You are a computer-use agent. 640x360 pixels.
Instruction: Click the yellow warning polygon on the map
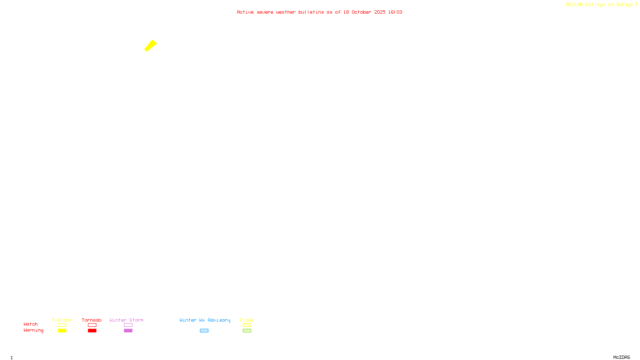tap(151, 46)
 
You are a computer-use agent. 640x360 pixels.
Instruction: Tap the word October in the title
tap(361, 12)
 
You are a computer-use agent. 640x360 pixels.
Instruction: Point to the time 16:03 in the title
tap(395, 12)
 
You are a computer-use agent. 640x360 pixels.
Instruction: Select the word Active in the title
tap(245, 12)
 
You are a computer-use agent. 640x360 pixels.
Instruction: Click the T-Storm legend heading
tap(62, 320)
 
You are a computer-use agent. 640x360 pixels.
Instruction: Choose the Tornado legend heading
tap(92, 320)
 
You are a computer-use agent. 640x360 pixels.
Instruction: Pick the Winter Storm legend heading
tap(126, 320)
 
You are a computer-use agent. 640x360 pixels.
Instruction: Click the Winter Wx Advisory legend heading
tap(205, 320)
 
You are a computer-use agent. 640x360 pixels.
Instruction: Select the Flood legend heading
tap(247, 320)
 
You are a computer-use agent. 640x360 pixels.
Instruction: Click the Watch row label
tap(31, 324)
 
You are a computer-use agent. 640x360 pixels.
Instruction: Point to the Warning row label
tap(33, 330)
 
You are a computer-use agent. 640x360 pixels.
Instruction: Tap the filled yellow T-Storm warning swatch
tap(62, 331)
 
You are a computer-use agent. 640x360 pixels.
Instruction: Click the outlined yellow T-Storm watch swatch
tap(62, 325)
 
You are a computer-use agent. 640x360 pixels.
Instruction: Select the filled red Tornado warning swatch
tap(92, 331)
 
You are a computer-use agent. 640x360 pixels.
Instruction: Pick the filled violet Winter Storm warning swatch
tap(128, 331)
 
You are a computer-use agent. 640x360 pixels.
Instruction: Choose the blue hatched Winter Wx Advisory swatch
tap(204, 331)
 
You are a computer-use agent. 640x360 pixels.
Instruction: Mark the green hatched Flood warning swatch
tap(247, 331)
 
